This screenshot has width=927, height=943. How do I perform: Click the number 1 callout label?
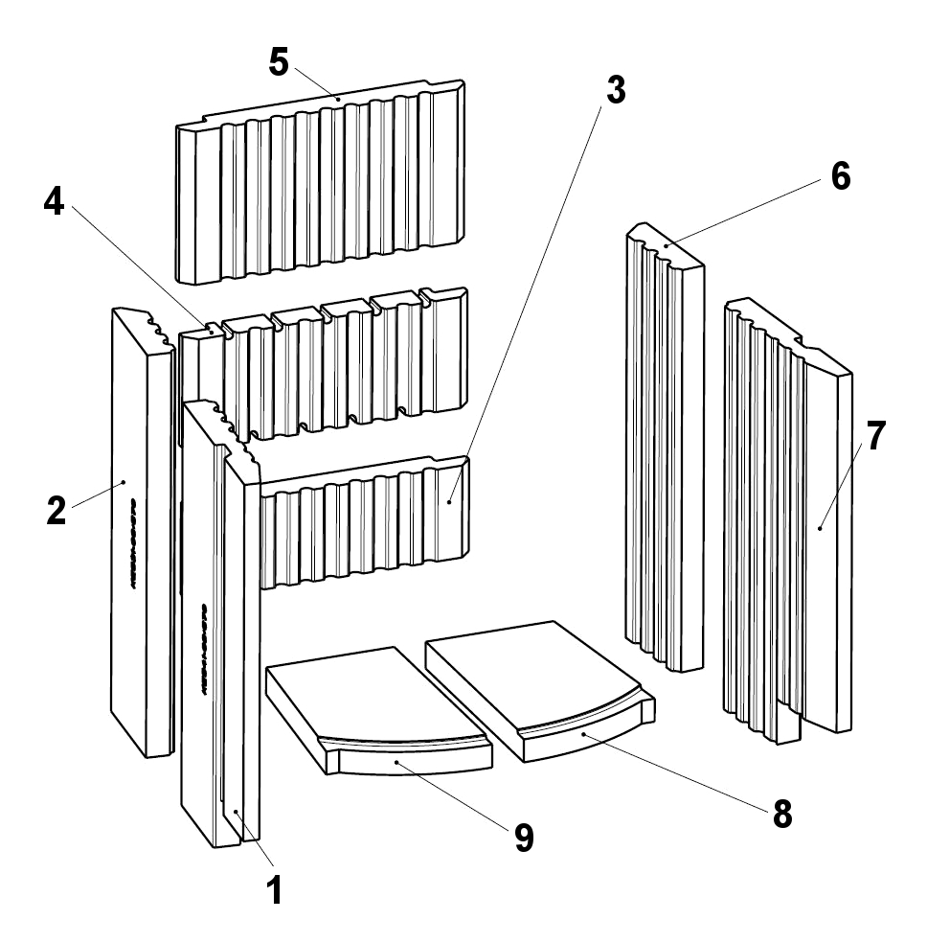pos(274,890)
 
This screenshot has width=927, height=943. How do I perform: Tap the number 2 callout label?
pos(57,509)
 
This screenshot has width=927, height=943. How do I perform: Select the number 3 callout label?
pos(615,90)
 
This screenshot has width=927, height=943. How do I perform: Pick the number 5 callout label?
pos(279,62)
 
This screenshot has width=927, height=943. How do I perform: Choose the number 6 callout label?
pos(839,177)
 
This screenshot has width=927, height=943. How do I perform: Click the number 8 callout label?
pos(782,814)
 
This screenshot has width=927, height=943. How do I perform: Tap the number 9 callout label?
pos(523,838)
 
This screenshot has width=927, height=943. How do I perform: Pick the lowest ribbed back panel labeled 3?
pos(364,527)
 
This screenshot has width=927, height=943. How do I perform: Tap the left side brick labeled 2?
pos(139,537)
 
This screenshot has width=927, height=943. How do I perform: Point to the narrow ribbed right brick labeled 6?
pos(663,450)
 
